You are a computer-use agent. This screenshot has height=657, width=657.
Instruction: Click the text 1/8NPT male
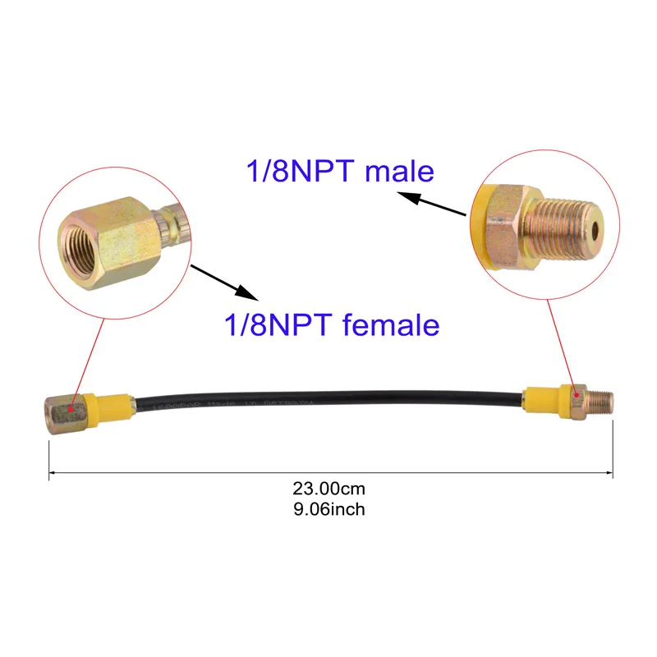tap(339, 171)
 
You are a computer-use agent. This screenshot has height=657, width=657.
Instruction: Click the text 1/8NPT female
tap(332, 325)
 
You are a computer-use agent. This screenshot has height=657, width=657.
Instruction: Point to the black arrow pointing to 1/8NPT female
tap(225, 282)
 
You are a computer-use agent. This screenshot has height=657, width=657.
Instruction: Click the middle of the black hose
tap(328, 402)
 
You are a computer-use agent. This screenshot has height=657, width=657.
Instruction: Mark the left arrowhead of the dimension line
tap(52, 473)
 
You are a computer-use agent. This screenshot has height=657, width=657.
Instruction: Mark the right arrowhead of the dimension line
tap(611, 473)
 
